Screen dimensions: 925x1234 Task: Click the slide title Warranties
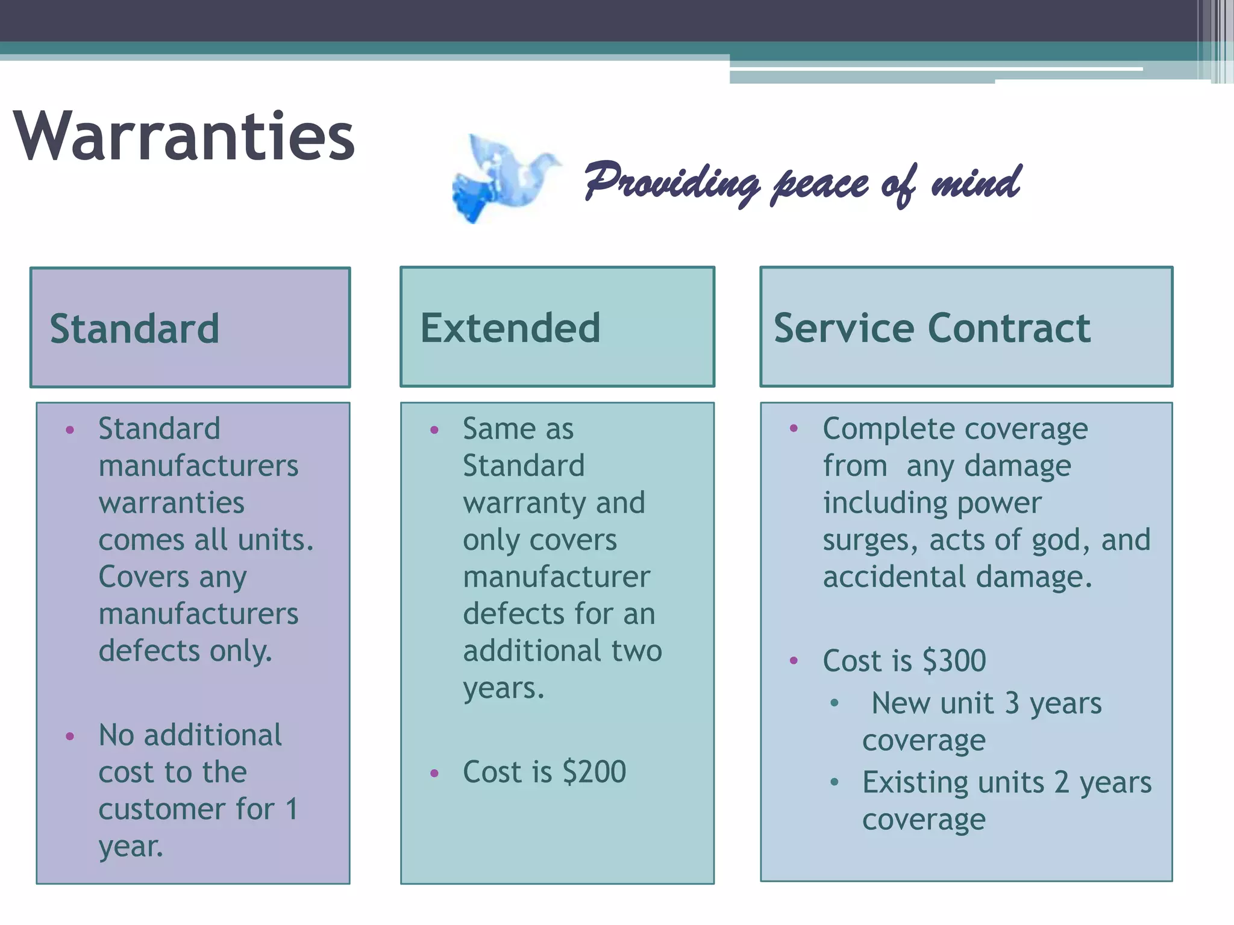[184, 137]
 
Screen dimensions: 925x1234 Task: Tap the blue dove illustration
[503, 179]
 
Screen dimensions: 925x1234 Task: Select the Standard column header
[134, 329]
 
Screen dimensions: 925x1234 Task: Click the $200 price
[594, 772]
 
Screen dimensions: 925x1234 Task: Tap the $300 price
[954, 661]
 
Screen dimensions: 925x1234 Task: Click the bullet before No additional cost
[70, 737]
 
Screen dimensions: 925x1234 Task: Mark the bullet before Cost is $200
[434, 774]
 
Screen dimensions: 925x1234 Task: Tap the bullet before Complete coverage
[794, 429]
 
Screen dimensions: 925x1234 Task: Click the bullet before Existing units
[835, 782]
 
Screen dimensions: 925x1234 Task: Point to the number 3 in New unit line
[1012, 703]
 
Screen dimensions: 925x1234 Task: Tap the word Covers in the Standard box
[144, 577]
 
